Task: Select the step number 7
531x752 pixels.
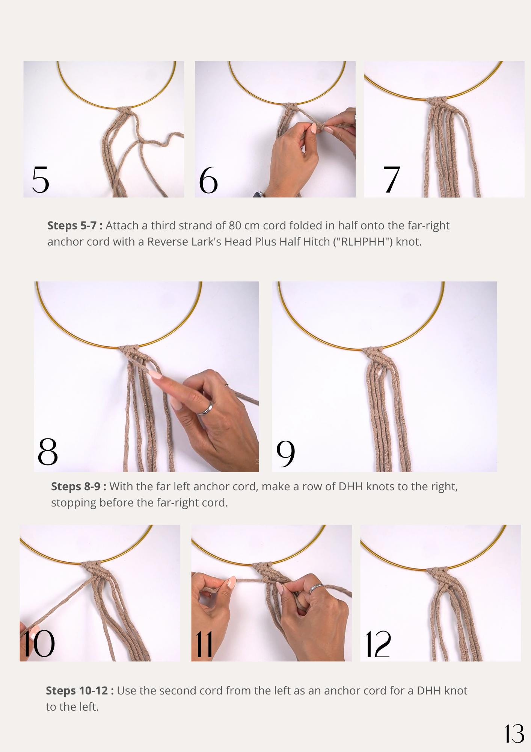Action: pos(391,179)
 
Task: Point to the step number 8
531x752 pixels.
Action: pos(48,452)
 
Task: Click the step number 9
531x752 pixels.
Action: pos(286,453)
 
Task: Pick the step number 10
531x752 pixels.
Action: pos(39,644)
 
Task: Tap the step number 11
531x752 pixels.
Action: pos(204,644)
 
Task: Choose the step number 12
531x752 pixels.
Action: pos(378,644)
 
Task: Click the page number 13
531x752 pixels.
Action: pos(514,734)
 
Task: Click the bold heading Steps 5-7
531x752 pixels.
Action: pos(75,226)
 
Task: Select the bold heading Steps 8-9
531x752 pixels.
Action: pos(78,487)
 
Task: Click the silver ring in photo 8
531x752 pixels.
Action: pos(206,409)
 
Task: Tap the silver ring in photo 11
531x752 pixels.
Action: pos(316,588)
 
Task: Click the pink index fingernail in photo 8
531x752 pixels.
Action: pos(155,374)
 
